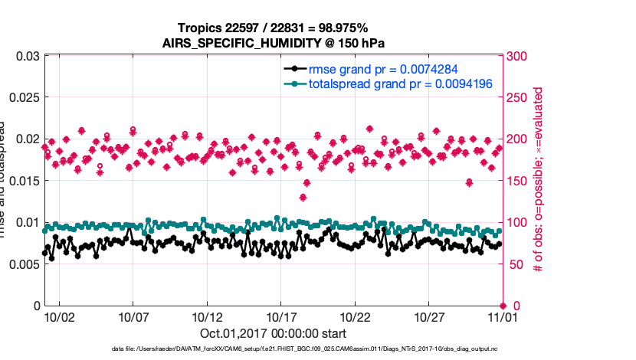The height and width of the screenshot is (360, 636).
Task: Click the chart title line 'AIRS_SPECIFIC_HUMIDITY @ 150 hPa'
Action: [273, 42]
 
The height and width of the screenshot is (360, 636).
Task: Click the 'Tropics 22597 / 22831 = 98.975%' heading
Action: [273, 28]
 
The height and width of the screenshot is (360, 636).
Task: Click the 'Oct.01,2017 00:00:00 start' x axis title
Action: [273, 333]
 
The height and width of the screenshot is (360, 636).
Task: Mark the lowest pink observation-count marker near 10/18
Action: [303, 198]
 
